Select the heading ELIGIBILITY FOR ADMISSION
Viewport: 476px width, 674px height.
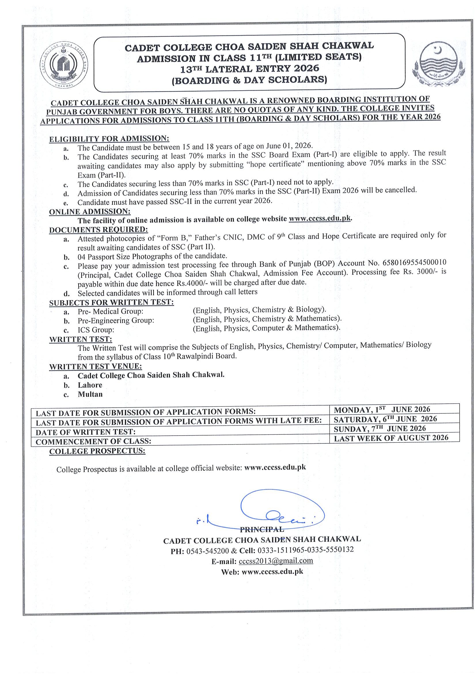tap(109, 139)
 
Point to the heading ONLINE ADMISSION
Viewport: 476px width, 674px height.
tap(90, 212)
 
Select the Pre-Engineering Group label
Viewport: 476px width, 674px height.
tap(115, 321)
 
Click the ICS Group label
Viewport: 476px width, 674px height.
tap(96, 330)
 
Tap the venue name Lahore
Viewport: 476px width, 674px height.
tap(90, 385)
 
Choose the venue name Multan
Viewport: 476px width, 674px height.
tap(90, 394)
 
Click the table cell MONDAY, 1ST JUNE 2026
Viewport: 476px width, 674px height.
tap(382, 410)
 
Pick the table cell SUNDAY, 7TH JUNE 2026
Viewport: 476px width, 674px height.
tap(380, 429)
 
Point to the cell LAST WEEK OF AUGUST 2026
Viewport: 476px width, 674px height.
tap(391, 438)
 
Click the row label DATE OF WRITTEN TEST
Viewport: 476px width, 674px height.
tap(86, 432)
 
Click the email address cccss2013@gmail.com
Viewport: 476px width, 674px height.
tap(276, 561)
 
